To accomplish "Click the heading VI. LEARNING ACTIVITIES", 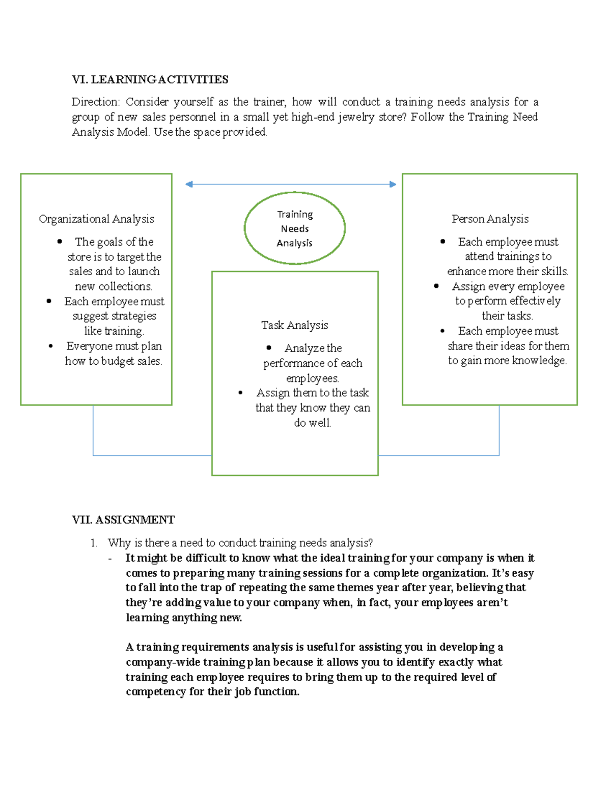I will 150,79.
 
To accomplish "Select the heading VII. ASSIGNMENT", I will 123,519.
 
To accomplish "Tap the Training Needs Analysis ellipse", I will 295,228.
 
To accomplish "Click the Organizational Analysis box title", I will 96,219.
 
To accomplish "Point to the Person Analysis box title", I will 490,219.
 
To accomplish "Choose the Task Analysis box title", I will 295,325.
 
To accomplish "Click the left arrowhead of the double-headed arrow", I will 189,184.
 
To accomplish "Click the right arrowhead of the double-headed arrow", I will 393,184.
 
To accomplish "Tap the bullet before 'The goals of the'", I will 60,242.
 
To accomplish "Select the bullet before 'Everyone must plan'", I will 50,346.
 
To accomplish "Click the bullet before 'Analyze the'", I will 269,348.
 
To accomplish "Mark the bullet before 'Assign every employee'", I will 436,286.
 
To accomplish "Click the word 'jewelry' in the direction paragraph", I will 355,117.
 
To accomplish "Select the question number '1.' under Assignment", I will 94,543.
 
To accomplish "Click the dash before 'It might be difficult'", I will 110,559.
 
